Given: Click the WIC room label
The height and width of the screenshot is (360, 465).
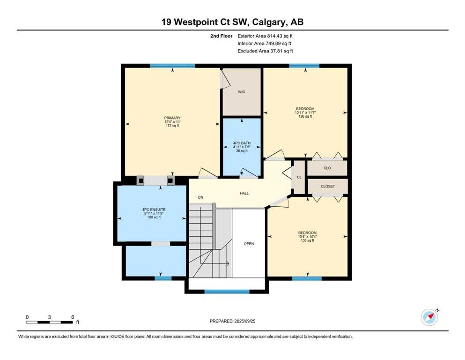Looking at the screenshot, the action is (x=242, y=92).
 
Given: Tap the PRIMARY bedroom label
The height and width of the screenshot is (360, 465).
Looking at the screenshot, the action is (x=172, y=118).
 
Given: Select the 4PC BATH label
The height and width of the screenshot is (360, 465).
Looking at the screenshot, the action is (x=242, y=143).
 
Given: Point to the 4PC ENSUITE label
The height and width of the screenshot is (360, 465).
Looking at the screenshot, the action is (x=154, y=210).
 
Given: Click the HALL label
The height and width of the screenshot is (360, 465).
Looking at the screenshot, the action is (x=244, y=193).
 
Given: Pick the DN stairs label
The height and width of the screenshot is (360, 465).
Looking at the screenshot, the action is (x=201, y=197).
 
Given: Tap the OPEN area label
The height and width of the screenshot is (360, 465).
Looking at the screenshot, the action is (x=249, y=244).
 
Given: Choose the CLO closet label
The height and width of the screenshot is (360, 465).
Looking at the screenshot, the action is (x=327, y=168).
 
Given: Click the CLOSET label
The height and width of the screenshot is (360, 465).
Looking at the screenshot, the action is (x=328, y=187).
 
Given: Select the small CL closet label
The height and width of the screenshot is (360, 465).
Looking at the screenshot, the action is (x=299, y=177).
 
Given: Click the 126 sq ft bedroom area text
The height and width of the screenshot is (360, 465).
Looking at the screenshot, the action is (x=305, y=116).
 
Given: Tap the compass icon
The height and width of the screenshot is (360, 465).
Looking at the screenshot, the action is (x=429, y=317).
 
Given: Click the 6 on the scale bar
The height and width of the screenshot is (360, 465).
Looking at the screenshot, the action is (x=73, y=317).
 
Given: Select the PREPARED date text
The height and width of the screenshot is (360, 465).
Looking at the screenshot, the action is (x=232, y=321).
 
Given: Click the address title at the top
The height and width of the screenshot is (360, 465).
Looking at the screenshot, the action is (x=232, y=22).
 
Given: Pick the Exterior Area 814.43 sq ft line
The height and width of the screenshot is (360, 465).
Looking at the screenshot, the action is (x=265, y=36).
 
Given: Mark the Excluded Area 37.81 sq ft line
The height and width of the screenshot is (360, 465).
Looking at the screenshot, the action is (x=265, y=51).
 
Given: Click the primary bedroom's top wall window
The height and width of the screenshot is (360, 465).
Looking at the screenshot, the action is (x=172, y=66).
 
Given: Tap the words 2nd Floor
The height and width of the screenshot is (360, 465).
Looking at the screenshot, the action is (x=221, y=36).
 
